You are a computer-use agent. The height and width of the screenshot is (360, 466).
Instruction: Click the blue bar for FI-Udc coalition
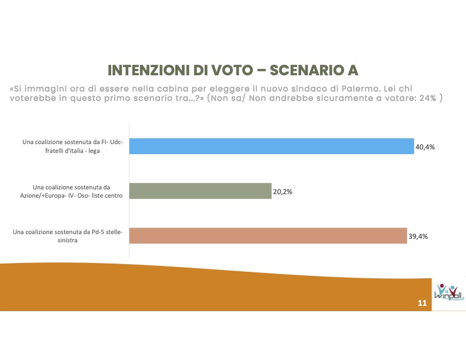point(271,146)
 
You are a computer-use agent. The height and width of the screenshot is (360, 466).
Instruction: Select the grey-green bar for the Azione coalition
point(200,191)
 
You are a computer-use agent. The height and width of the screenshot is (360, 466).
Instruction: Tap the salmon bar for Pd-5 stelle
point(268,236)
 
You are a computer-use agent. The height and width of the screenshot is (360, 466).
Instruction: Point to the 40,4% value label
point(425,146)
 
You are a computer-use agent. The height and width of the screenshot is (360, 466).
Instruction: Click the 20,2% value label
point(282,191)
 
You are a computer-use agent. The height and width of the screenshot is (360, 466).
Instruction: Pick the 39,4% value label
point(418,236)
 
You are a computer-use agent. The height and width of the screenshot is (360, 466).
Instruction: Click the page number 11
point(422,304)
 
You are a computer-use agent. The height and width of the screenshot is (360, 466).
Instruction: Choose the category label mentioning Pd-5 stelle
point(68,236)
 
